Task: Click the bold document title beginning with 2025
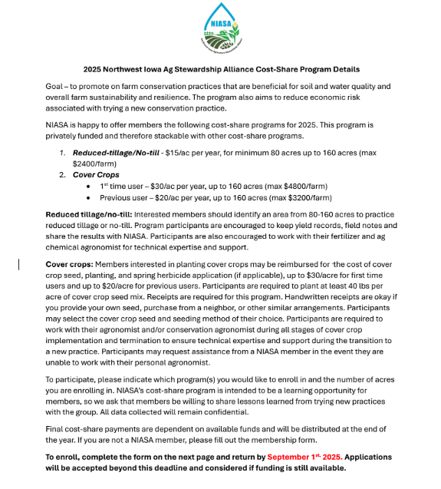coord(221,70)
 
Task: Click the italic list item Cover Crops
coord(91,175)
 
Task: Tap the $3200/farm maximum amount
coord(313,197)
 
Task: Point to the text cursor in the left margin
coord(20,263)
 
